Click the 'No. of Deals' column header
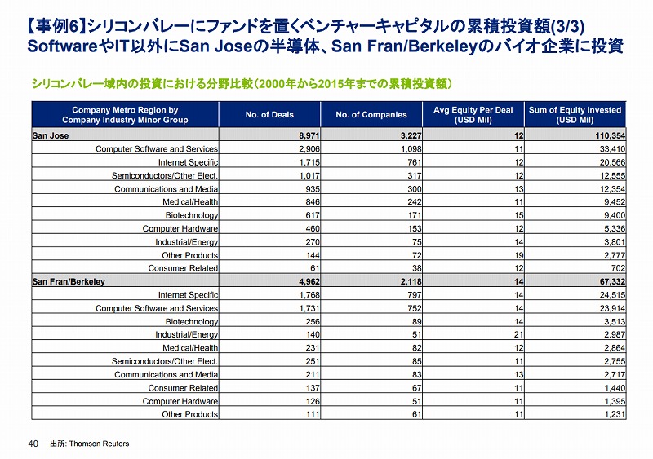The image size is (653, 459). [x=269, y=114]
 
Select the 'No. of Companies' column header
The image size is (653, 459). [x=371, y=114]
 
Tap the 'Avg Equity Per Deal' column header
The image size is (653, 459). [x=473, y=115]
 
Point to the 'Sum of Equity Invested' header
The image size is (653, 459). [x=575, y=115]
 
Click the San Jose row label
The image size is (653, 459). [x=51, y=135]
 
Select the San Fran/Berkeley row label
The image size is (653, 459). [x=69, y=282]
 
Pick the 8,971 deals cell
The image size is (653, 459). [x=309, y=135]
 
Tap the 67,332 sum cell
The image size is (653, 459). [x=612, y=282]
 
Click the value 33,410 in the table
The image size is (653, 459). [x=612, y=149]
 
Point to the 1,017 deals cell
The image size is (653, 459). [x=309, y=175]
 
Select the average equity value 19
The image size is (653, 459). [x=518, y=255]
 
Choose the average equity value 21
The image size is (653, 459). [x=518, y=334]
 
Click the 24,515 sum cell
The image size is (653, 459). [x=612, y=295]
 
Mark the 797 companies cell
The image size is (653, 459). [x=415, y=295]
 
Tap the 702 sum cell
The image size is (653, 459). [x=619, y=268]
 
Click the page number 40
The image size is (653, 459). [x=33, y=444]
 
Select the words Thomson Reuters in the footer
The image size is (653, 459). [x=99, y=444]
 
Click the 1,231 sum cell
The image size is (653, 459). [x=615, y=414]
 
